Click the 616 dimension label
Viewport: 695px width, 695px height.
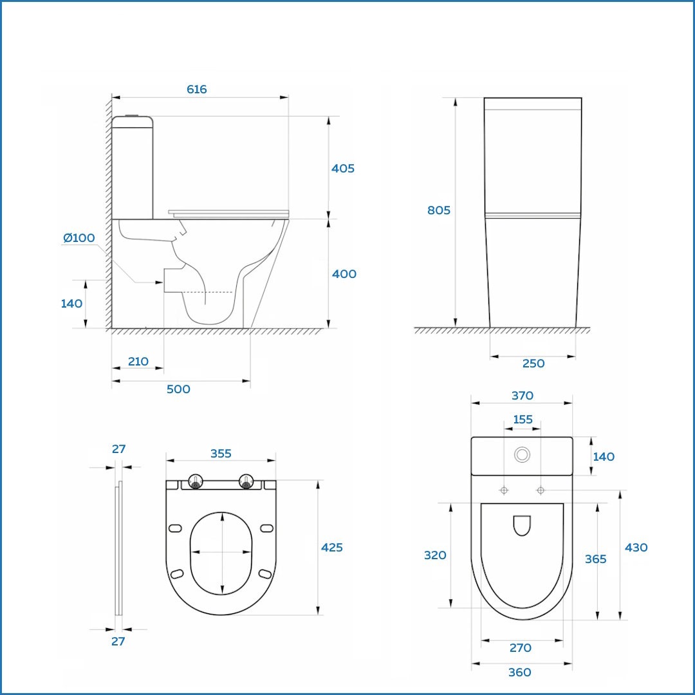point(196,89)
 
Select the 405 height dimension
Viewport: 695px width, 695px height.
point(342,169)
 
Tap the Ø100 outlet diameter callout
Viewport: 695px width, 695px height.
point(79,238)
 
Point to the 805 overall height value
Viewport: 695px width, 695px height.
point(438,210)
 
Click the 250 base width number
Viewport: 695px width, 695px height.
point(533,364)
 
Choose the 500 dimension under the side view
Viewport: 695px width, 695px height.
point(178,389)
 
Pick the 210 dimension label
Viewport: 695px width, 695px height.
point(138,362)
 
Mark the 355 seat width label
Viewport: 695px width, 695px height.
point(221,454)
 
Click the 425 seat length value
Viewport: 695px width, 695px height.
point(331,548)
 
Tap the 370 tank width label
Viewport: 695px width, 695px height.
point(522,395)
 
